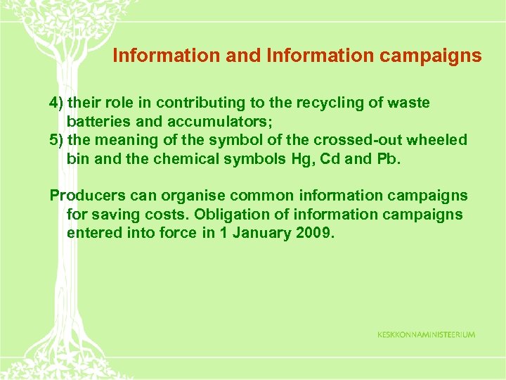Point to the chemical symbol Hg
(299, 158)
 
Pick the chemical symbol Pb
(387, 158)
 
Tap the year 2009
(314, 232)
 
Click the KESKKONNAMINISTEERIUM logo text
(426, 335)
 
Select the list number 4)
(56, 103)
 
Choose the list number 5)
(56, 140)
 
